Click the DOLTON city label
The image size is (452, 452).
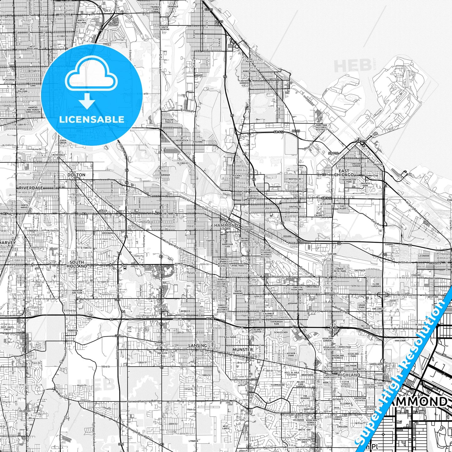click(76, 175)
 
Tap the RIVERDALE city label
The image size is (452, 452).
click(31, 188)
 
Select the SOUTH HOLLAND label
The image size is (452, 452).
click(77, 264)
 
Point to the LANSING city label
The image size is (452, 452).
click(198, 345)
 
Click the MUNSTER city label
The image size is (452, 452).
click(243, 349)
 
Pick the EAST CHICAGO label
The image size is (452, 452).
click(344, 173)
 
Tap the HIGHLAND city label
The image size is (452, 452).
click(349, 375)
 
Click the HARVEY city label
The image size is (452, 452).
click(8, 242)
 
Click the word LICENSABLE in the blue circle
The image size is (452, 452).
click(92, 119)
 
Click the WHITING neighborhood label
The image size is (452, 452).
click(274, 79)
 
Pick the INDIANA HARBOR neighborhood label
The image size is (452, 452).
click(356, 165)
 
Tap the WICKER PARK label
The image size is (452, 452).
click(291, 354)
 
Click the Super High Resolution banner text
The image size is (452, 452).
click(403, 371)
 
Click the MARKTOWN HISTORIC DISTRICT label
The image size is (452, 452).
click(321, 127)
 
